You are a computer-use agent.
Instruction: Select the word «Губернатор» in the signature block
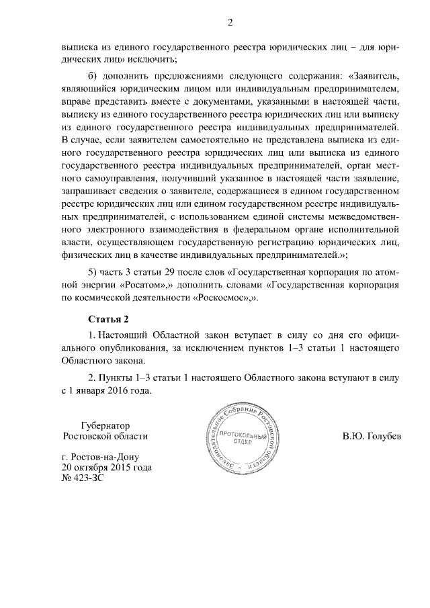point(104,425)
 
